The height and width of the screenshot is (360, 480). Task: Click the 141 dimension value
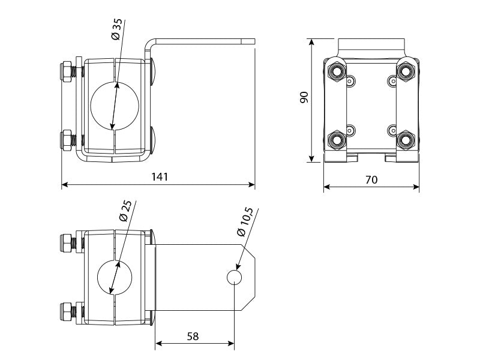(x=160, y=176)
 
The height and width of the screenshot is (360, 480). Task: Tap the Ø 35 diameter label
(x=116, y=29)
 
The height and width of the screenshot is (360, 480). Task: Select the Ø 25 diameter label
(x=125, y=211)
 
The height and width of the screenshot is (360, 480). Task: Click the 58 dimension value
(x=193, y=336)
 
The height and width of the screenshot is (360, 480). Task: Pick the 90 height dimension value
(x=304, y=97)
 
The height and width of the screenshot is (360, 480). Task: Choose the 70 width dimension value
(x=371, y=179)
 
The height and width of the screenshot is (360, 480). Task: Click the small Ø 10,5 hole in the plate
(x=234, y=277)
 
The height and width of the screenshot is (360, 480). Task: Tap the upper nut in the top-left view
(x=67, y=72)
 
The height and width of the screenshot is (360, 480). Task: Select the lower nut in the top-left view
(x=67, y=140)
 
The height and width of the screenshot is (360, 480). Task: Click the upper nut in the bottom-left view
(x=65, y=244)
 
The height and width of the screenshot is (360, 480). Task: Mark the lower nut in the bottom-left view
(x=65, y=311)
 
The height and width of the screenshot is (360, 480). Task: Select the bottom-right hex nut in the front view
(x=406, y=140)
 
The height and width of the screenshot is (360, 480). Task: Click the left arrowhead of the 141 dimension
(x=65, y=185)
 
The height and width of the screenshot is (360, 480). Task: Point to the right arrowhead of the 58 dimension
(x=231, y=344)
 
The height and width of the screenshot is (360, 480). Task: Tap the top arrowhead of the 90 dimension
(x=311, y=42)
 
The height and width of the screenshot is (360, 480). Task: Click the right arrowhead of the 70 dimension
(x=416, y=187)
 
